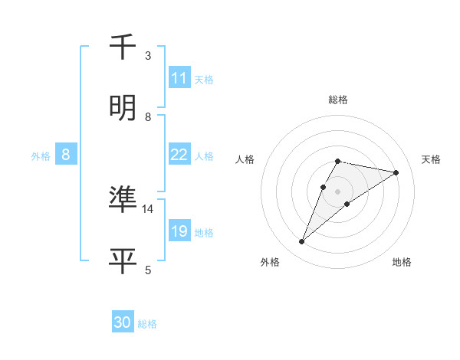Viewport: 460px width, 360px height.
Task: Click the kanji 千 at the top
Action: pyautogui.click(x=124, y=47)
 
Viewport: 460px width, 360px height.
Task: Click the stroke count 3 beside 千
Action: pyautogui.click(x=148, y=56)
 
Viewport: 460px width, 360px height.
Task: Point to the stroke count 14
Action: pyautogui.click(x=148, y=208)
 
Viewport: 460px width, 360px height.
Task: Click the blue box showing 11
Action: pyautogui.click(x=179, y=78)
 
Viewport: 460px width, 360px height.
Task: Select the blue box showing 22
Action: pyautogui.click(x=179, y=155)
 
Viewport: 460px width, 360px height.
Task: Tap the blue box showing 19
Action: pyautogui.click(x=179, y=231)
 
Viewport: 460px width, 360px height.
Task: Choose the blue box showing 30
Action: pyautogui.click(x=123, y=322)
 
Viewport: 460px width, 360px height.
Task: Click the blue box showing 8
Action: pyautogui.click(x=66, y=155)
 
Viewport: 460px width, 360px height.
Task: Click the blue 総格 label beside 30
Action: pyautogui.click(x=147, y=324)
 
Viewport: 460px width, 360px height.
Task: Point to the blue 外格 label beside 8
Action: pyautogui.click(x=41, y=156)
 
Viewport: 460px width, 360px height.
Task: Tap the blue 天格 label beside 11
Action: pyautogui.click(x=204, y=80)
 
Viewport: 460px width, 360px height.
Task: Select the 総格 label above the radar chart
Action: pyautogui.click(x=338, y=100)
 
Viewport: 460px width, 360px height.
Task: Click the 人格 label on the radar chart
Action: pyautogui.click(x=245, y=159)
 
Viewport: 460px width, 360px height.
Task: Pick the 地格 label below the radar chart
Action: pyautogui.click(x=402, y=262)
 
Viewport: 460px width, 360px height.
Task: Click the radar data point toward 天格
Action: pyautogui.click(x=396, y=172)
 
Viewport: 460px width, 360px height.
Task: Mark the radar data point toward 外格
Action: pyautogui.click(x=301, y=242)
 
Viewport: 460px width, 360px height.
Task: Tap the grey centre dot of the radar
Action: pyautogui.click(x=338, y=191)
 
